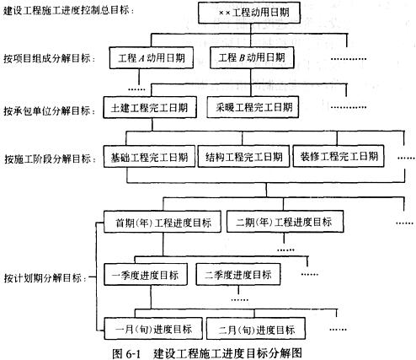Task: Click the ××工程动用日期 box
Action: (x=249, y=13)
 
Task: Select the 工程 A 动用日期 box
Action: (x=152, y=58)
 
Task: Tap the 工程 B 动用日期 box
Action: (x=252, y=57)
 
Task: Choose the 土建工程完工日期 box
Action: (x=150, y=107)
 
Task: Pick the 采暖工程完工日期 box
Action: (x=253, y=107)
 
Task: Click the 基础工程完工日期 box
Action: (x=149, y=157)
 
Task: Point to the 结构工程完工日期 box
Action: (x=243, y=156)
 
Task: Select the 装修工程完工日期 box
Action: (x=339, y=156)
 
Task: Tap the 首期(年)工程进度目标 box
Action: (x=163, y=222)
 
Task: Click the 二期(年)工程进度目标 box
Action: (x=285, y=222)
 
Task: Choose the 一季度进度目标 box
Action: (x=146, y=275)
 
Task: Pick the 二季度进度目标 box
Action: (x=238, y=274)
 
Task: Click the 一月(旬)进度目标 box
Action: (x=153, y=329)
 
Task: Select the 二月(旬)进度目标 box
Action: (x=256, y=329)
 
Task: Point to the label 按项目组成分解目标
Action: (x=47, y=58)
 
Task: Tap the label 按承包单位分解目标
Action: (x=47, y=110)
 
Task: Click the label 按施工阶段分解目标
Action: (x=48, y=159)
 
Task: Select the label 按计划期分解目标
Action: (x=43, y=278)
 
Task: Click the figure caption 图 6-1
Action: (x=125, y=353)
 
